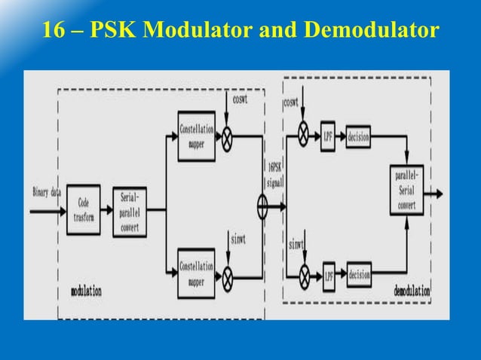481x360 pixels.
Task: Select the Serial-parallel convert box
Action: click(x=130, y=212)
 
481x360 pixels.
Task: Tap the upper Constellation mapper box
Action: click(x=196, y=136)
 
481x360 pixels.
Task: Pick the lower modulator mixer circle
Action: click(x=226, y=276)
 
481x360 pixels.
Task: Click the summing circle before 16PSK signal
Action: click(x=262, y=206)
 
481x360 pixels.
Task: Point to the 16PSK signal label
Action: click(x=275, y=175)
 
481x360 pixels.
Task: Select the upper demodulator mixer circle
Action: click(x=304, y=136)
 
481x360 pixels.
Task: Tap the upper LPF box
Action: click(x=328, y=136)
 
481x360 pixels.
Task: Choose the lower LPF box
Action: click(x=329, y=274)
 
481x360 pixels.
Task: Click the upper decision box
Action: click(x=359, y=136)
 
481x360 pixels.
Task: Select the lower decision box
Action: click(x=359, y=276)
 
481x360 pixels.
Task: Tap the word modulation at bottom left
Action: click(x=86, y=291)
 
